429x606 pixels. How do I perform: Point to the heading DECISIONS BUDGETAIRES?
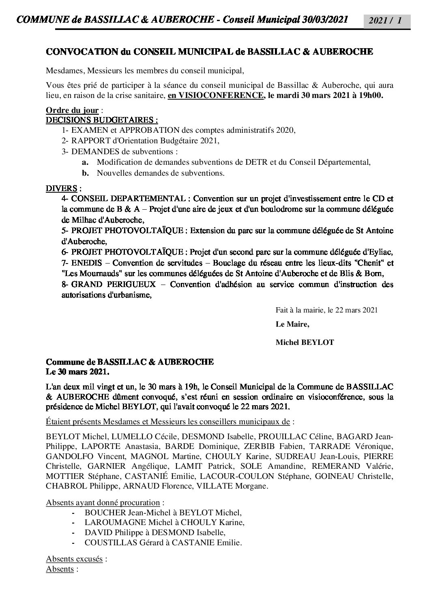101,120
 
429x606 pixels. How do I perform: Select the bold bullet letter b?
85,173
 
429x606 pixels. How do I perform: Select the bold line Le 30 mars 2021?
77,371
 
